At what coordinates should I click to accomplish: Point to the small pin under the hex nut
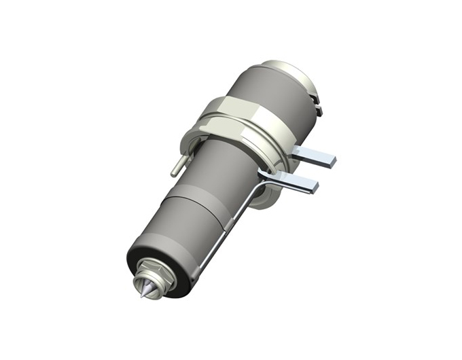pos(176,165)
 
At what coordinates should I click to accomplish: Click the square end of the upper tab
pos(329,161)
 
